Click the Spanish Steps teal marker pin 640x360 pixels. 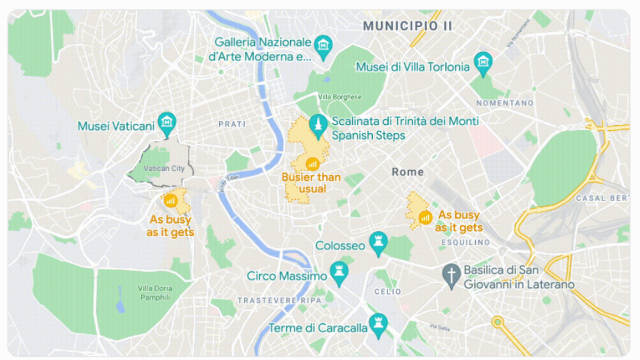click(x=318, y=125)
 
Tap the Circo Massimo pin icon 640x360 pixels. click(x=339, y=272)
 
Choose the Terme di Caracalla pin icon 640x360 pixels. click(x=379, y=323)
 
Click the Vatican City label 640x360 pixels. click(x=164, y=169)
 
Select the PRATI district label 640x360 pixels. click(x=232, y=124)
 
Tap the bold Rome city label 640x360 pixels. click(x=407, y=172)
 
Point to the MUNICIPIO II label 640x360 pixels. click(x=407, y=26)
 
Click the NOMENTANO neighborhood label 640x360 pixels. click(x=505, y=102)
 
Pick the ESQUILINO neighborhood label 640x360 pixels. click(x=466, y=242)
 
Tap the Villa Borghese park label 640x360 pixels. click(x=340, y=97)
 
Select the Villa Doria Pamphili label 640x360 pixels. click(x=155, y=293)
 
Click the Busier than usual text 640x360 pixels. click(x=312, y=183)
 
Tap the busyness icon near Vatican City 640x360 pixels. click(x=171, y=201)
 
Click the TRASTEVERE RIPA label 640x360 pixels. click(x=279, y=300)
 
